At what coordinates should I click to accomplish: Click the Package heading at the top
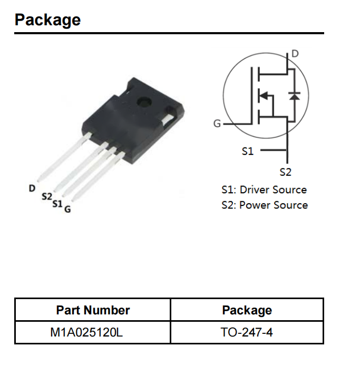47,20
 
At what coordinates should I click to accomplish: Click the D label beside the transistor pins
32,187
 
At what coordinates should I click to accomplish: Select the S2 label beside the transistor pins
47,196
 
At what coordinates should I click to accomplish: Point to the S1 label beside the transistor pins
57,203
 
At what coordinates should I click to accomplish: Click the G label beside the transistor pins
67,209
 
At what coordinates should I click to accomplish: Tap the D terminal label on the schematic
295,54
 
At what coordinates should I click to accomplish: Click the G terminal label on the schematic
217,124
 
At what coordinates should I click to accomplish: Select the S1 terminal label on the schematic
247,151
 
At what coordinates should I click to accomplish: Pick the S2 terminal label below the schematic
285,172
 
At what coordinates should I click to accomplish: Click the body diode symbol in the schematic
295,96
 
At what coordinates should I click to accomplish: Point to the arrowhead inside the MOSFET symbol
264,96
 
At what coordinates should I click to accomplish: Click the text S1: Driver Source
264,190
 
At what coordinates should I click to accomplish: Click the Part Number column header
93,310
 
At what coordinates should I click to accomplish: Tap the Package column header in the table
247,310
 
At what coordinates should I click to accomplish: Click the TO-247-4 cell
247,332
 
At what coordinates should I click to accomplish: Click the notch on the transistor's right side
170,118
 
